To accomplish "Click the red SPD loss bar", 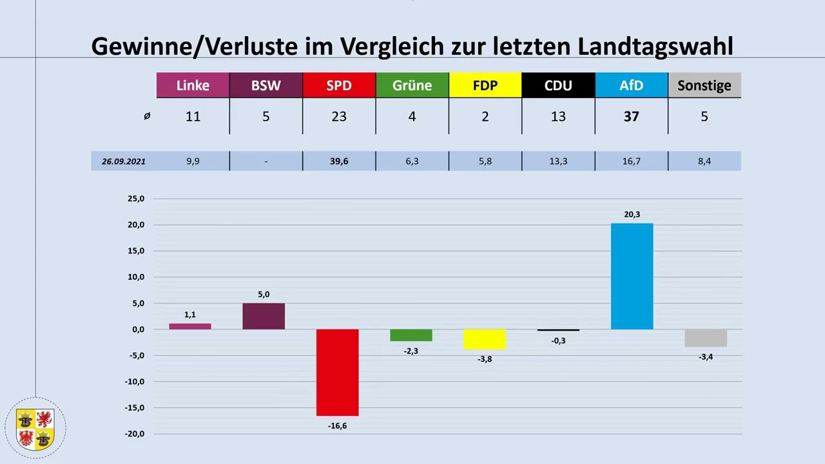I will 337,372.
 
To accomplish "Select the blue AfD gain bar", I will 632,276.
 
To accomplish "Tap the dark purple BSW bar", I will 264,316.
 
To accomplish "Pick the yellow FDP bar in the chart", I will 485,339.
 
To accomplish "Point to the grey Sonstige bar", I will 706,338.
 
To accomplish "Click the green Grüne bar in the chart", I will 411,335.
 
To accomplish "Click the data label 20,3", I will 632,215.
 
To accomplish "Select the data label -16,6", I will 337,426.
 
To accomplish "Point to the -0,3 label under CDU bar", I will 558,341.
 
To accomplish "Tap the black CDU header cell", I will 558,85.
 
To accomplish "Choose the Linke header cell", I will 193,85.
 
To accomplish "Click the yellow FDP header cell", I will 485,85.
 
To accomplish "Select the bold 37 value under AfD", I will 631,117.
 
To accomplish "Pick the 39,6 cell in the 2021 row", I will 339,161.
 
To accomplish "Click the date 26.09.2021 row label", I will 124,161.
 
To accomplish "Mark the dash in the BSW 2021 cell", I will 266,161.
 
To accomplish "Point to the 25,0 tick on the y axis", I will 135,199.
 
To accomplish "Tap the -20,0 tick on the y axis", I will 134,434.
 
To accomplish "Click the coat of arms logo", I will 35,429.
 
